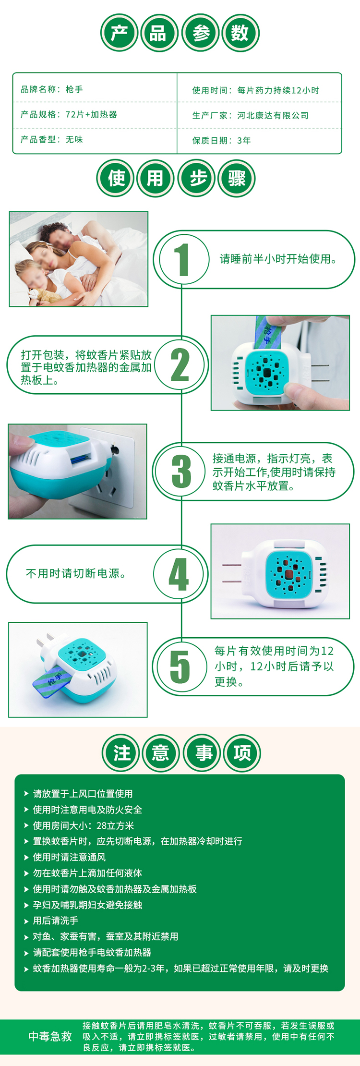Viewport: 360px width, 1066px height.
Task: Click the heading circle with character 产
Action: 120,33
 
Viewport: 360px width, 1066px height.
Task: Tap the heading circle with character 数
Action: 240,33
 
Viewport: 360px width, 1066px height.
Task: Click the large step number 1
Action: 181,260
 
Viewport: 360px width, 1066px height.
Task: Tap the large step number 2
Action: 180,364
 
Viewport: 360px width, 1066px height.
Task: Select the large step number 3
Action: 181,472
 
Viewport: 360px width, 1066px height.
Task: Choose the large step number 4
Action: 179,574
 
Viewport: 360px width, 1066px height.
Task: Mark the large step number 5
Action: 180,666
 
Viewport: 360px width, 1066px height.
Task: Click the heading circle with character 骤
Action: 237,179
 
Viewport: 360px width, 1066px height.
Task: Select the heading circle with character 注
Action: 121,753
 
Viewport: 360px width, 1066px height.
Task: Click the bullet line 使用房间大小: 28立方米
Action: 84,825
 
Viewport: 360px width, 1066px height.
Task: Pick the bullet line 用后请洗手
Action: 56,921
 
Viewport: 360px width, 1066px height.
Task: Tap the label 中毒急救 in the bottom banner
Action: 50,1036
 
